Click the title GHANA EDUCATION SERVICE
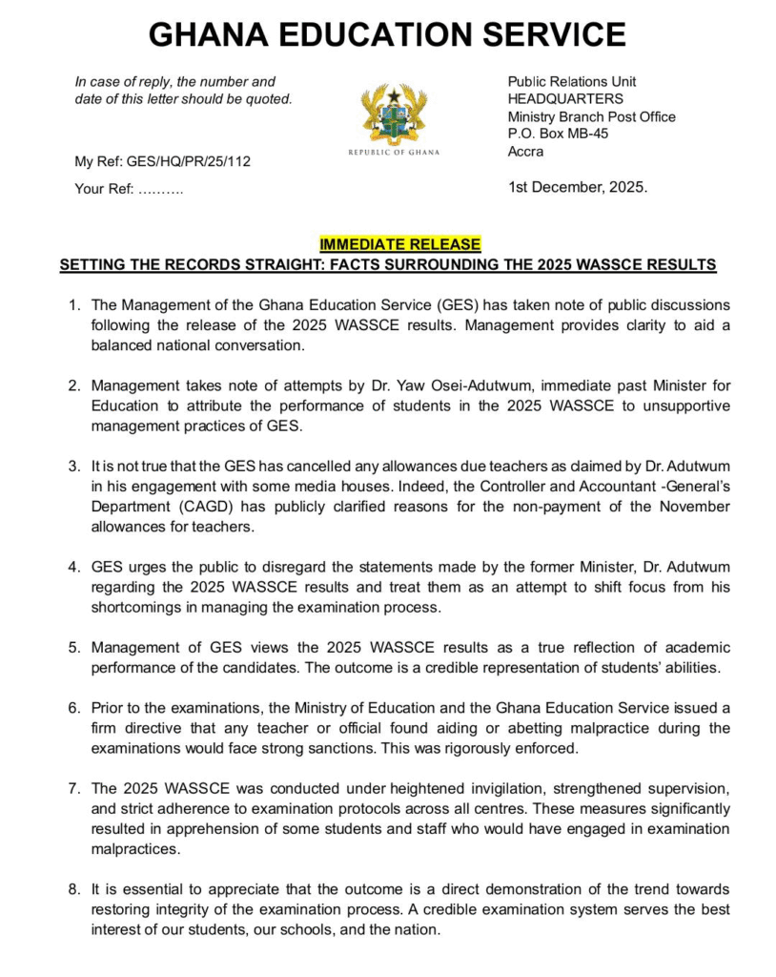pos(387,35)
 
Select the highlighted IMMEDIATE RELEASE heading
pos(400,244)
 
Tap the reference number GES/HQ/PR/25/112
pos(192,161)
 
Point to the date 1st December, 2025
pos(578,187)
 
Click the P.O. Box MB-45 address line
pos(558,134)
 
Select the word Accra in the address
pos(525,151)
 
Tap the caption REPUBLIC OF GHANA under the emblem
pos(387,154)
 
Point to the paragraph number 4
pos(73,568)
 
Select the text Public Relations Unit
pos(572,82)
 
